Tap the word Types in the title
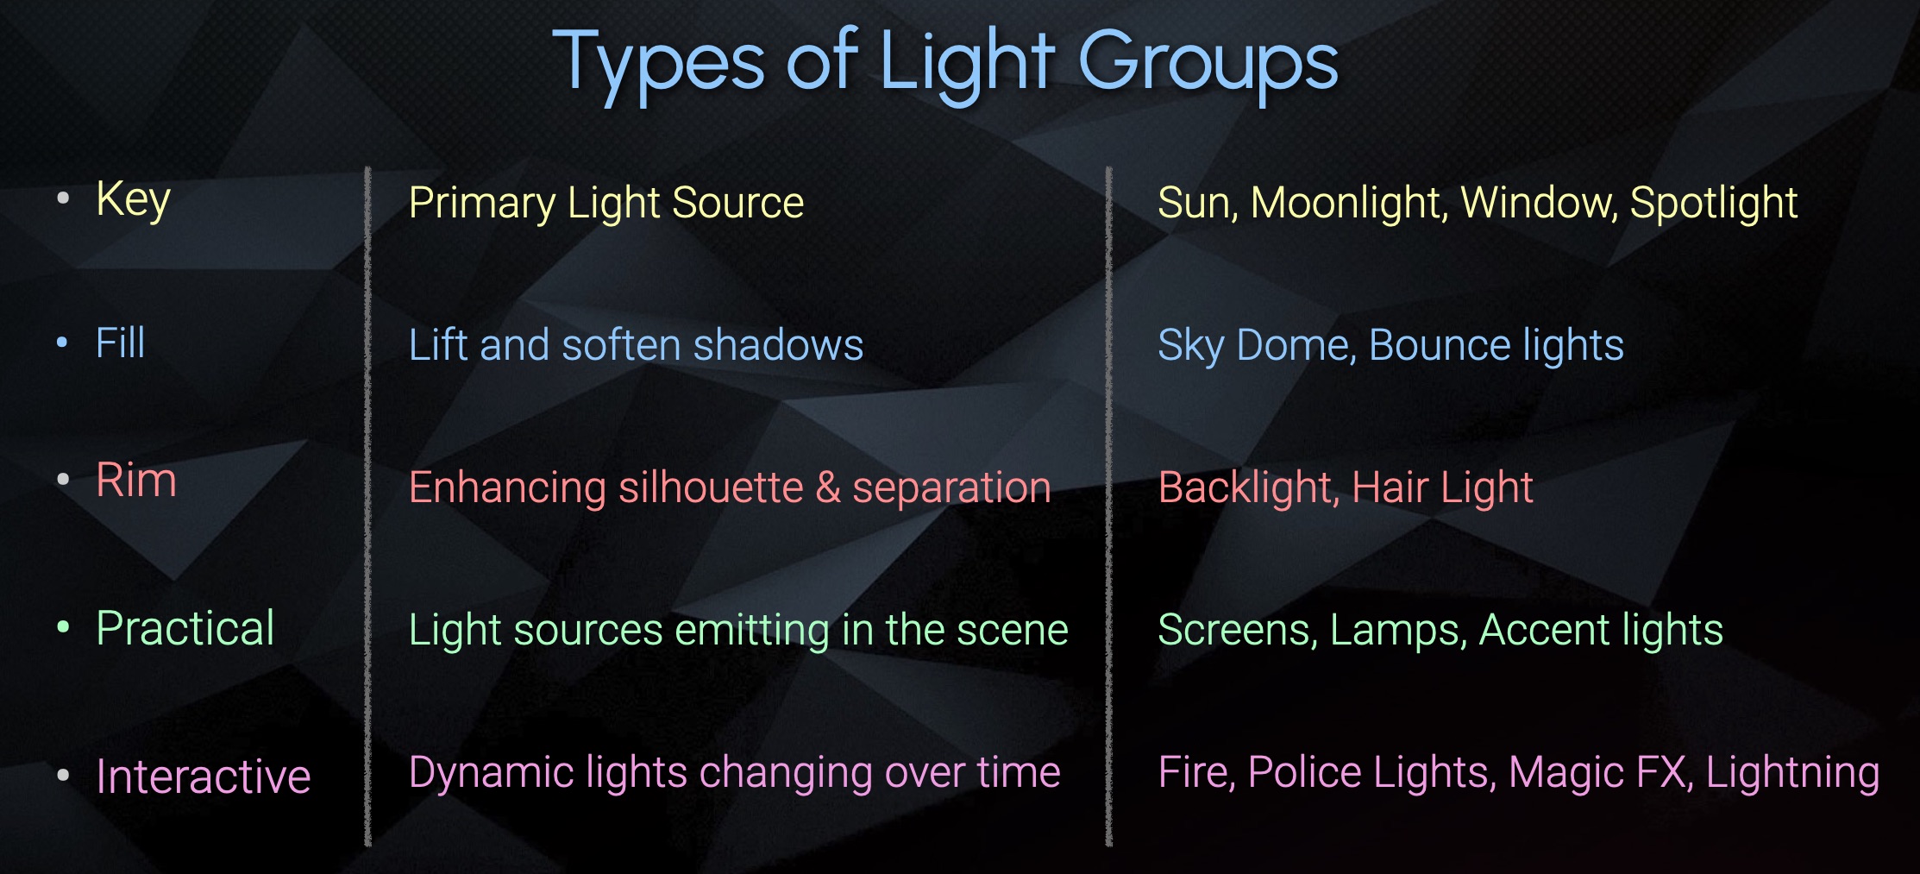pyautogui.click(x=658, y=66)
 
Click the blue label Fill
pyautogui.click(x=120, y=343)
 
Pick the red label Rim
pyautogui.click(x=136, y=481)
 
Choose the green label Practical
pyautogui.click(x=185, y=628)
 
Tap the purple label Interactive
pyautogui.click(x=204, y=776)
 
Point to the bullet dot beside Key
pyautogui.click(x=63, y=198)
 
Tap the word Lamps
pyautogui.click(x=1399, y=631)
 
